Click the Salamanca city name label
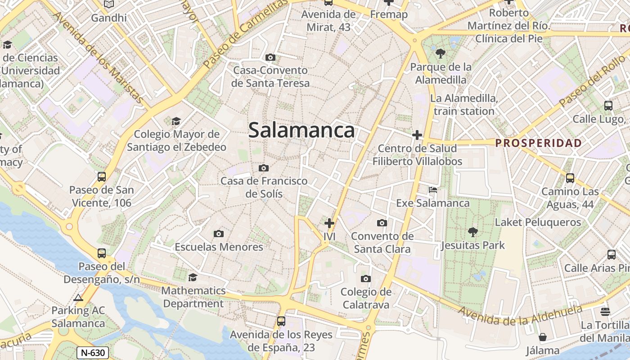pyautogui.click(x=301, y=130)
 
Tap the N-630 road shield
pyautogui.click(x=92, y=352)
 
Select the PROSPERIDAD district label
pyautogui.click(x=538, y=143)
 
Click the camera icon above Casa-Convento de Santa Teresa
pyautogui.click(x=270, y=57)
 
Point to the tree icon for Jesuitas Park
pyautogui.click(x=472, y=232)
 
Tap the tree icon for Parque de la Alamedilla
pyautogui.click(x=440, y=54)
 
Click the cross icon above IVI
pyautogui.click(x=329, y=223)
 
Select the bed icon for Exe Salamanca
pyautogui.click(x=433, y=190)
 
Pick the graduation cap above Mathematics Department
pyautogui.click(x=193, y=277)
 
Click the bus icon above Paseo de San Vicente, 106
pyautogui.click(x=102, y=177)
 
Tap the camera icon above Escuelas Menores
pyautogui.click(x=219, y=234)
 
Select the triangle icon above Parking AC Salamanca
pyautogui.click(x=78, y=297)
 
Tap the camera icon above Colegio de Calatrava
pyautogui.click(x=366, y=279)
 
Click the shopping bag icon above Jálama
pyautogui.click(x=543, y=337)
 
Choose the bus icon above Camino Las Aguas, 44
pyautogui.click(x=570, y=178)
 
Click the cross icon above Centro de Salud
pyautogui.click(x=417, y=135)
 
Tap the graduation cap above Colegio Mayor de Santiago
pyautogui.click(x=176, y=121)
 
